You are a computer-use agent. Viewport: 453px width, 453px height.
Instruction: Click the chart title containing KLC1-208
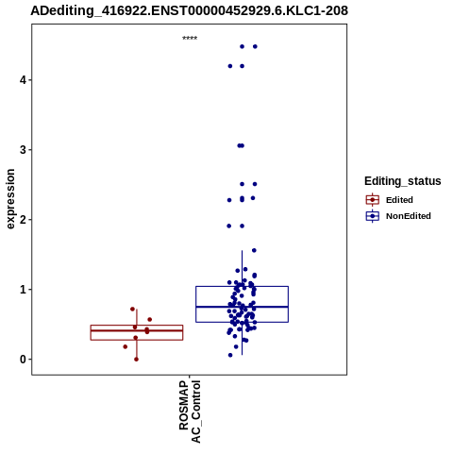189,10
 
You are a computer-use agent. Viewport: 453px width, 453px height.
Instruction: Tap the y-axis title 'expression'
10,199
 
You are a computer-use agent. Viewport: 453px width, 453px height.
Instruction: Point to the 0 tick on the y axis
23,360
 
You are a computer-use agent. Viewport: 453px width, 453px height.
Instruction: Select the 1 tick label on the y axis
24,290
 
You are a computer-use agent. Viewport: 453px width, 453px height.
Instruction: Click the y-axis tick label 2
23,220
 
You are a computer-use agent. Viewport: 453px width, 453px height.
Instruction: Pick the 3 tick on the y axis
23,150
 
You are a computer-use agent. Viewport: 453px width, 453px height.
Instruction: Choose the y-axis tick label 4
23,80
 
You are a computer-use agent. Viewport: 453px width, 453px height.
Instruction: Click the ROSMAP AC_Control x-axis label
190,411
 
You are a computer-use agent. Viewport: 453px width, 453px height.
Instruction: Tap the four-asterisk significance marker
190,39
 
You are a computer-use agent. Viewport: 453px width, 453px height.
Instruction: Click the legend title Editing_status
403,181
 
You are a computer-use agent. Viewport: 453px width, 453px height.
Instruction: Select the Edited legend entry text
399,200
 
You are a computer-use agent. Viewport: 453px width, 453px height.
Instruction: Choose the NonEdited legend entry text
409,216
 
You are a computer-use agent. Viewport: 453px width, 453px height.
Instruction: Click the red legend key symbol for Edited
373,200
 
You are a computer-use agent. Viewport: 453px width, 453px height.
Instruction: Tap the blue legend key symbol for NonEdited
373,216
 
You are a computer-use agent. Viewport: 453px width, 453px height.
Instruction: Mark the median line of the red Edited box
137,330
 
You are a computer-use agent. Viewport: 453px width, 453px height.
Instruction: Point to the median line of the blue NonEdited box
242,307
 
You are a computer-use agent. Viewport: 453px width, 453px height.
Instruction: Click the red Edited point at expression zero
136,360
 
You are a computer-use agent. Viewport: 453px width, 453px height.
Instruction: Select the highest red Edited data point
132,309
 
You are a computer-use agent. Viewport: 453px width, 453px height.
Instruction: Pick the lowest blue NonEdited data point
230,355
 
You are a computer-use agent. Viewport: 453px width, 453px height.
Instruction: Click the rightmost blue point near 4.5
255,46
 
